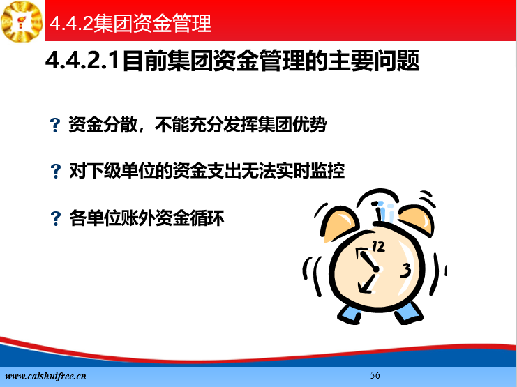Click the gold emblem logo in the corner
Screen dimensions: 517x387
pos(22,21)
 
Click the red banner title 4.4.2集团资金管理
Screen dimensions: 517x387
pos(130,23)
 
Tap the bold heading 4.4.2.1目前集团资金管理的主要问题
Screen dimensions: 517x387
pos(232,61)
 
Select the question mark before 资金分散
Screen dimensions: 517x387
pos(55,125)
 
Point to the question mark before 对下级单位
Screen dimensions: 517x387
pos(55,171)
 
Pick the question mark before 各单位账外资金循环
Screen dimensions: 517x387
pos(55,218)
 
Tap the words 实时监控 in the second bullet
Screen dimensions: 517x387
pos(310,171)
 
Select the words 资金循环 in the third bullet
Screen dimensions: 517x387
pos(190,218)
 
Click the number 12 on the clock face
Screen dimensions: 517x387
pos(378,246)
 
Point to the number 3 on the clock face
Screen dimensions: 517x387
pos(405,271)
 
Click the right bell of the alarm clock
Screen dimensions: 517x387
pos(417,219)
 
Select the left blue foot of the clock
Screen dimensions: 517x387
pos(350,314)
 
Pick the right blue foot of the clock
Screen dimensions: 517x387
pos(409,313)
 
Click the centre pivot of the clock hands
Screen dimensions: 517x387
pos(376,269)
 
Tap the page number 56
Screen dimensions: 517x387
pos(375,375)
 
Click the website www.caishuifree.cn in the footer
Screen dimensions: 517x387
pos(46,376)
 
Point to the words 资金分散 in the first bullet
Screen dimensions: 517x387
pos(103,125)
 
